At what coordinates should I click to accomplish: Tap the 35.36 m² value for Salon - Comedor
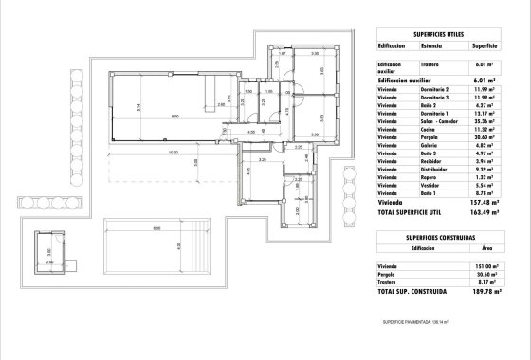coord(486,121)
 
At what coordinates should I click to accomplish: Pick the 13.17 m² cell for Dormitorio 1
coord(486,114)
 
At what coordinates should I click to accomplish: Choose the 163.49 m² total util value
coord(485,211)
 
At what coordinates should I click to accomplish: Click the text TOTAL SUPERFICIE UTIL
coord(412,211)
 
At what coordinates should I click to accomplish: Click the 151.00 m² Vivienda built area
coord(485,267)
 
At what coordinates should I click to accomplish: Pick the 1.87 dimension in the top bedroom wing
coord(282,55)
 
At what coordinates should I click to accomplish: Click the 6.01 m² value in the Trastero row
coord(487,64)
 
